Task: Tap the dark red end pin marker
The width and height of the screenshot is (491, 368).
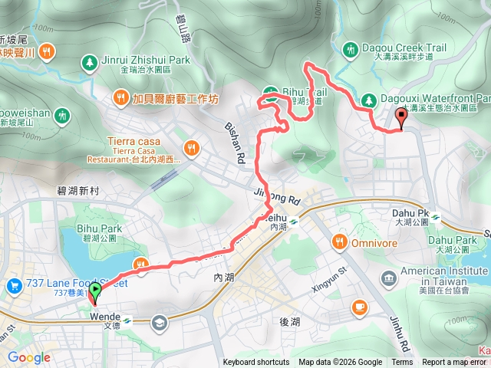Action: (x=401, y=117)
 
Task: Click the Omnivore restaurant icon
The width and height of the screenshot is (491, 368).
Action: (x=339, y=243)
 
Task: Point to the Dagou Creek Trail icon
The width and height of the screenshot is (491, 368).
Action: (x=351, y=48)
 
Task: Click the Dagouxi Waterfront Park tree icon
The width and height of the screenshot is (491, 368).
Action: (x=368, y=99)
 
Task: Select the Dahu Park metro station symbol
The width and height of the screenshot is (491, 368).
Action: (x=436, y=216)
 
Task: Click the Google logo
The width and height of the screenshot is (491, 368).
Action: (x=29, y=357)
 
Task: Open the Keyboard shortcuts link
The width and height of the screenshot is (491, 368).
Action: (x=256, y=363)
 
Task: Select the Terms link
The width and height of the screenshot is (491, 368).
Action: (x=402, y=363)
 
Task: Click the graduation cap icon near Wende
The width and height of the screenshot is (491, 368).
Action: (x=160, y=321)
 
